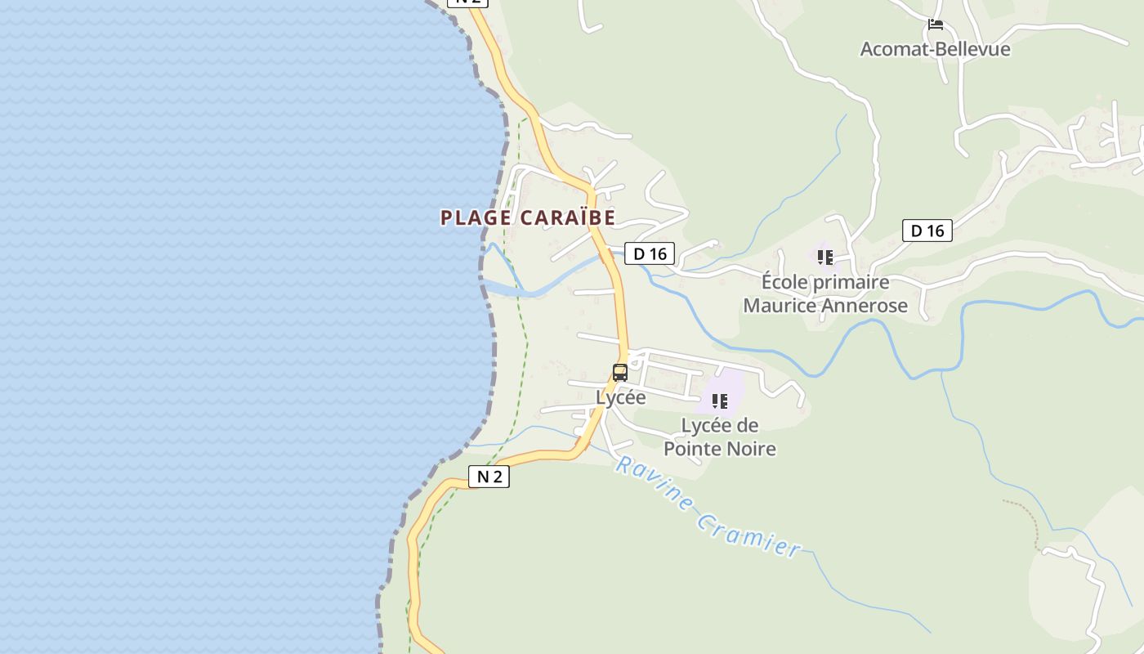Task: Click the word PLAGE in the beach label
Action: tap(476, 218)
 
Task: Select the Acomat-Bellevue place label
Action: tap(935, 49)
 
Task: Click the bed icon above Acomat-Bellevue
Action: tap(936, 25)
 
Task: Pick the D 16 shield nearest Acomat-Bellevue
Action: tap(927, 231)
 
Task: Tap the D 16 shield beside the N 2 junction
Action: tap(650, 253)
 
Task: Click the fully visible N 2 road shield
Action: tap(489, 477)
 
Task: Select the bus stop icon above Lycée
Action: tap(620, 373)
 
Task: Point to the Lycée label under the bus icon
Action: tap(621, 398)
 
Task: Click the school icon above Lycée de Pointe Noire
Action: tap(720, 401)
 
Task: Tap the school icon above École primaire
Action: tap(825, 258)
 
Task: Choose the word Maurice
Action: tap(780, 306)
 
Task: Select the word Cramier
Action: tap(750, 533)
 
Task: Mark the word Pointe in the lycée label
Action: tap(692, 449)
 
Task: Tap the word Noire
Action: tap(751, 449)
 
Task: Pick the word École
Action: tap(783, 283)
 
